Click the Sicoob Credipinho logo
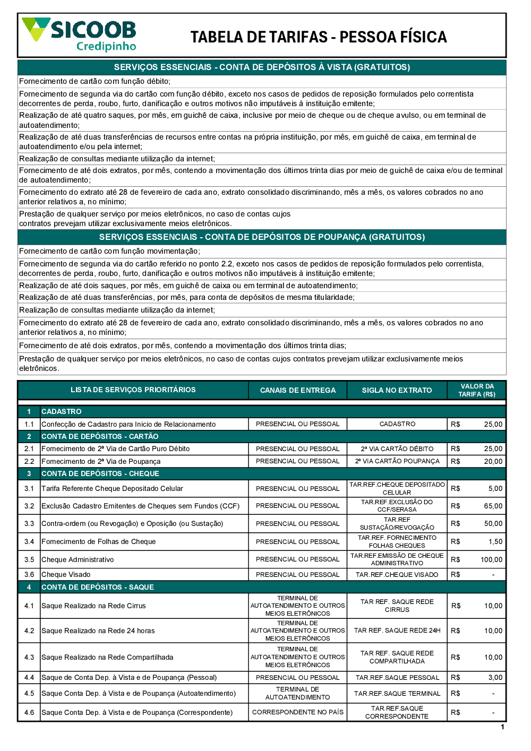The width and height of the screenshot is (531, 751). pyautogui.click(x=80, y=34)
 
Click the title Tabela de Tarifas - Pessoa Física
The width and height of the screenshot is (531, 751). pyautogui.click(x=319, y=37)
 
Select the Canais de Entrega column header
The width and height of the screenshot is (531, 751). pyautogui.click(x=297, y=390)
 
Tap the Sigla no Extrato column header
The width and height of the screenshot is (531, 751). pyautogui.click(x=397, y=390)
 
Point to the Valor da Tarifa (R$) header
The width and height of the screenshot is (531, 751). pyautogui.click(x=477, y=390)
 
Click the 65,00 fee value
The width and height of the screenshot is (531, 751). pyautogui.click(x=493, y=506)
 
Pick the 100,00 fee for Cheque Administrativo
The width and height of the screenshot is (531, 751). pyautogui.click(x=491, y=559)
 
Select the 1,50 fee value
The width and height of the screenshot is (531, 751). pyautogui.click(x=495, y=541)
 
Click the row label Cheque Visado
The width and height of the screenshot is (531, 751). pyautogui.click(x=66, y=574)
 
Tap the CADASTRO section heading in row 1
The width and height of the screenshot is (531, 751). pyautogui.click(x=62, y=411)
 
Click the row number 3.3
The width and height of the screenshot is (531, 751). pyautogui.click(x=29, y=523)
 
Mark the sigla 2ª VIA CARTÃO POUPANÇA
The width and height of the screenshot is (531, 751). pyautogui.click(x=397, y=461)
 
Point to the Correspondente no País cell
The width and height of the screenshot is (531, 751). pyautogui.click(x=297, y=712)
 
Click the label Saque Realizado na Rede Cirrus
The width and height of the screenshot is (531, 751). pyautogui.click(x=93, y=606)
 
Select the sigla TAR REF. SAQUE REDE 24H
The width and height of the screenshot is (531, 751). pyautogui.click(x=397, y=631)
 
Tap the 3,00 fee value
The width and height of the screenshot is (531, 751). pyautogui.click(x=495, y=677)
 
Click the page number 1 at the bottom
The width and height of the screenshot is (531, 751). pyautogui.click(x=502, y=727)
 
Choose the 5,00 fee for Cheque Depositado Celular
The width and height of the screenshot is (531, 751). pyautogui.click(x=495, y=488)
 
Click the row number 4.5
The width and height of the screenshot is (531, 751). pyautogui.click(x=29, y=693)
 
